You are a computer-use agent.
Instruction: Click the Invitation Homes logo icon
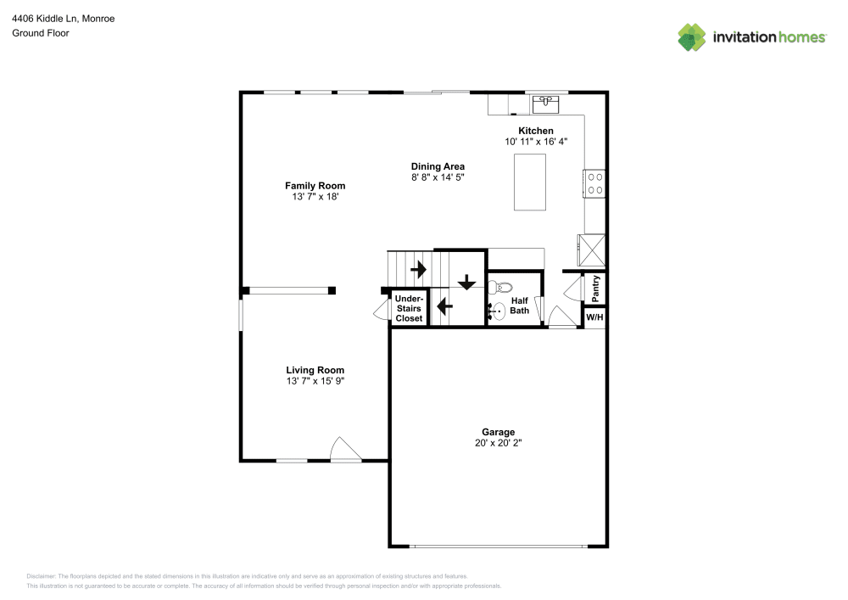click(692, 36)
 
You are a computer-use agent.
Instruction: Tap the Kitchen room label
click(536, 131)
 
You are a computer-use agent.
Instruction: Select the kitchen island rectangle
click(530, 183)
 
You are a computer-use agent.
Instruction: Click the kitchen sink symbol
click(544, 104)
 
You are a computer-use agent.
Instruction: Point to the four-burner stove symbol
click(594, 184)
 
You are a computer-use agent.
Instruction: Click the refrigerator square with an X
click(592, 250)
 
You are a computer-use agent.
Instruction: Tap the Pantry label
click(596, 289)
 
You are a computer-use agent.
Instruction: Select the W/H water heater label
click(594, 318)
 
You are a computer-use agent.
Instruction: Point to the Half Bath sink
click(498, 312)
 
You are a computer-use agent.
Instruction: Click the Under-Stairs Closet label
click(409, 308)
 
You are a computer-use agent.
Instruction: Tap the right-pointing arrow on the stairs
click(418, 269)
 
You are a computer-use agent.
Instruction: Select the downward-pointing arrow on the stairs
click(466, 282)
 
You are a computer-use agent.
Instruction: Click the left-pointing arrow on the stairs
click(444, 305)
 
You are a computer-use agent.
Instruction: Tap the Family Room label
click(315, 186)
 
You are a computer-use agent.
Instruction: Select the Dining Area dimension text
click(438, 177)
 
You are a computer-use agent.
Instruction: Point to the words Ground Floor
click(41, 33)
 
